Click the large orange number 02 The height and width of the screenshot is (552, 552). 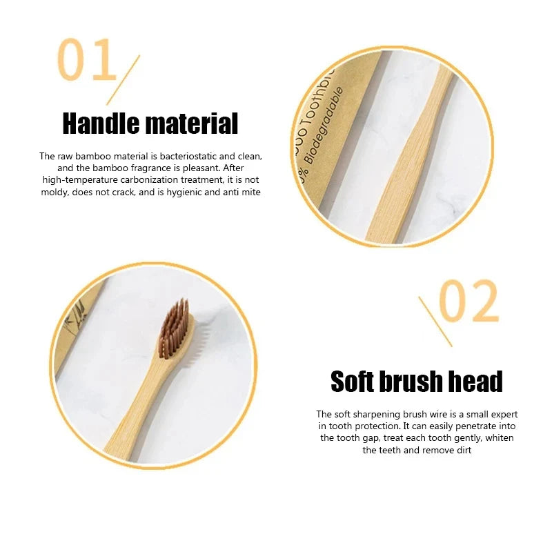469,302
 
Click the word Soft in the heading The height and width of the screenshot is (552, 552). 357,382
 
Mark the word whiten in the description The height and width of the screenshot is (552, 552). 499,438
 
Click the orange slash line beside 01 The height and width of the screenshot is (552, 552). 124,79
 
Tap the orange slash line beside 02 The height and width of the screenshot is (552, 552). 435,321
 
